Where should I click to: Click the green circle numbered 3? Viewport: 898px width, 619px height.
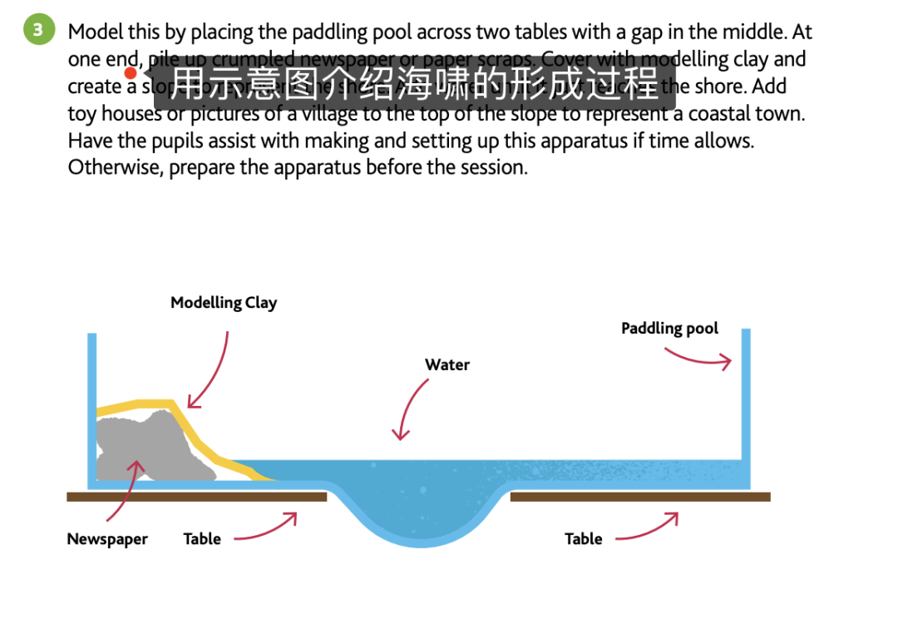point(37,31)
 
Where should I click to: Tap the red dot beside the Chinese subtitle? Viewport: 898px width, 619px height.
point(131,73)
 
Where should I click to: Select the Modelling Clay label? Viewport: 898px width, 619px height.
point(224,303)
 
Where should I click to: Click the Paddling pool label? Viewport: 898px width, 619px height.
point(669,329)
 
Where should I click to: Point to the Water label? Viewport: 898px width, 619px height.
point(447,364)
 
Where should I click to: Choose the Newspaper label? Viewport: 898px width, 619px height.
point(107,539)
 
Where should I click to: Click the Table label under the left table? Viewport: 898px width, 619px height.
point(202,539)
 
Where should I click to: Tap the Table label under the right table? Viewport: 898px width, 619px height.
point(583,539)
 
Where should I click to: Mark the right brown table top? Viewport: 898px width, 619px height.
point(639,497)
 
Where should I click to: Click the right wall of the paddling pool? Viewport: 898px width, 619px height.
point(746,399)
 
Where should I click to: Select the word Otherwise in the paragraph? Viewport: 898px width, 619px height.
point(108,167)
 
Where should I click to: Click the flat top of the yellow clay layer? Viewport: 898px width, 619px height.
point(150,404)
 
